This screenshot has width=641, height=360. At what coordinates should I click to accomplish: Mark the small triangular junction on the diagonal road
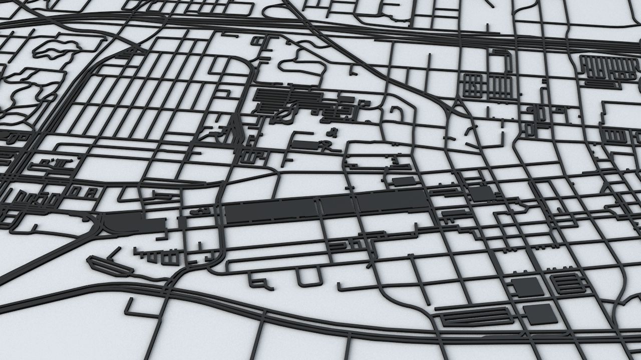tap(457, 106)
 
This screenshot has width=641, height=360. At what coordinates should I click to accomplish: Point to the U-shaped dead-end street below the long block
tap(308, 276)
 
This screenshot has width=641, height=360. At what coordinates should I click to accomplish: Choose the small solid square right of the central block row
tap(481, 193)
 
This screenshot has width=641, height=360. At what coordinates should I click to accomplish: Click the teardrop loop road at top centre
tap(299, 65)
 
